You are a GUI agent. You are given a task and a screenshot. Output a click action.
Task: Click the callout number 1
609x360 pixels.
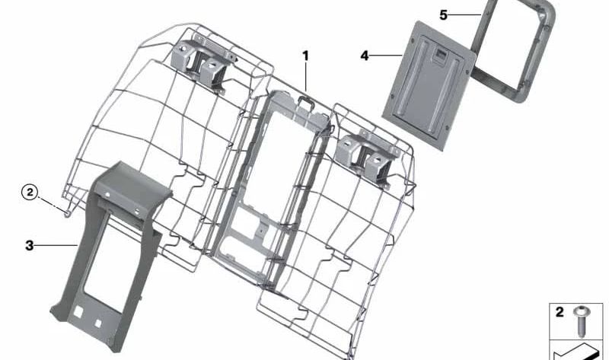pos(306,56)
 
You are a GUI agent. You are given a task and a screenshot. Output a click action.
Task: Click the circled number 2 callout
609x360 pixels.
pos(30,193)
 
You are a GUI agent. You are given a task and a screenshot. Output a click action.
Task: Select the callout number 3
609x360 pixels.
pos(30,245)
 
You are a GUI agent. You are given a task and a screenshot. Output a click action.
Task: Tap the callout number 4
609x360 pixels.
pos(365,56)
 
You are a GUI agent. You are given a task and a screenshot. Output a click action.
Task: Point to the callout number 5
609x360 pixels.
pos(444,15)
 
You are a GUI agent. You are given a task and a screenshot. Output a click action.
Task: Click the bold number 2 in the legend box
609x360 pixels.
pos(560,312)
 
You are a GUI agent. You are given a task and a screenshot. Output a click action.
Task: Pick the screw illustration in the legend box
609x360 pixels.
pos(582,320)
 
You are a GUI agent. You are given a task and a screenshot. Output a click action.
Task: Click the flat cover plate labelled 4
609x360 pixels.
pos(429,86)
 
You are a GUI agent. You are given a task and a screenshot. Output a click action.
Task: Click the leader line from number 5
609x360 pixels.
pos(466,15)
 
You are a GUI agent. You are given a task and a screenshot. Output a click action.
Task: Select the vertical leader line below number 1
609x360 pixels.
pos(306,78)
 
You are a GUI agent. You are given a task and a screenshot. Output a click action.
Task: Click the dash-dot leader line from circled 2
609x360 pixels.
pos(52,204)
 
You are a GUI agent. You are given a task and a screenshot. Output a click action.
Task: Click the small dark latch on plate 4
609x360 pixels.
pos(440,55)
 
